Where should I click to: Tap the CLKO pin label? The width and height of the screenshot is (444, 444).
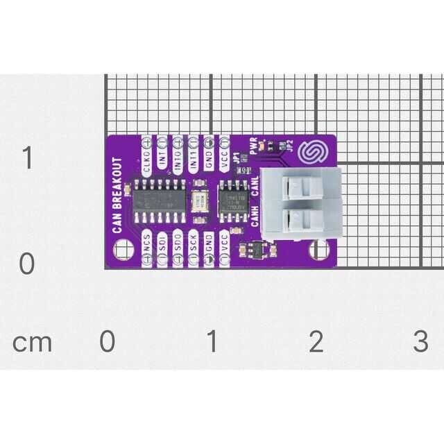[146, 166]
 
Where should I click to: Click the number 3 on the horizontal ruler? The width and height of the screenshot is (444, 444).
[420, 341]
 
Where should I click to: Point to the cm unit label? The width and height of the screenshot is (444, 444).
[32, 342]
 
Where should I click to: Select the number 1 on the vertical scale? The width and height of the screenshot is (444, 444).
[27, 159]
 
